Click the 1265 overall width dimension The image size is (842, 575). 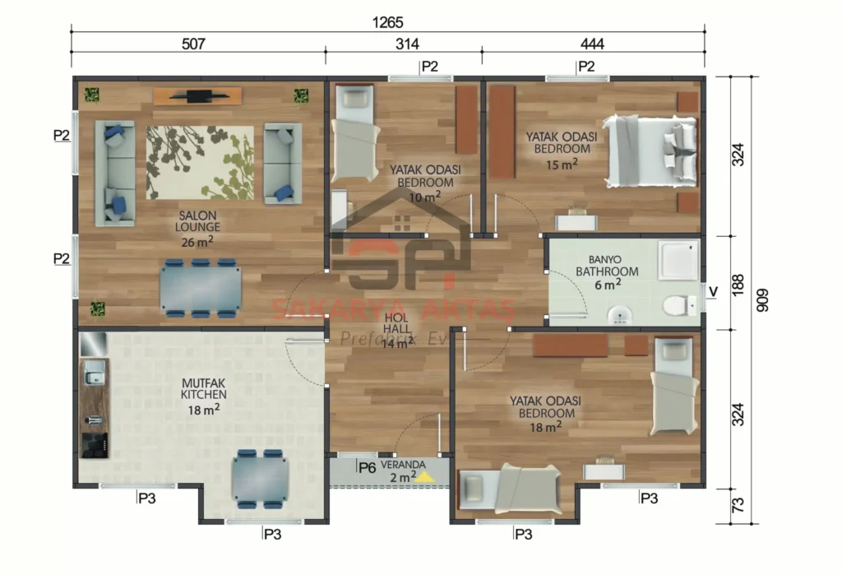coord(387,21)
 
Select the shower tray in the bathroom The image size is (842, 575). coord(679,259)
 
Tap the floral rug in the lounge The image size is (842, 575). coord(200,162)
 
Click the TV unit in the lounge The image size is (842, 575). coord(197,96)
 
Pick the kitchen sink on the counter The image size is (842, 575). coord(92,376)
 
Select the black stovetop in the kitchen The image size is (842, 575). coord(94,444)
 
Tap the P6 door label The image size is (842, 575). coord(367,467)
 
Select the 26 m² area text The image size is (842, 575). coord(197,242)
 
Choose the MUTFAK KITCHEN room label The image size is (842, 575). coord(203,388)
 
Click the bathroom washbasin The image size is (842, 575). coord(618,313)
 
